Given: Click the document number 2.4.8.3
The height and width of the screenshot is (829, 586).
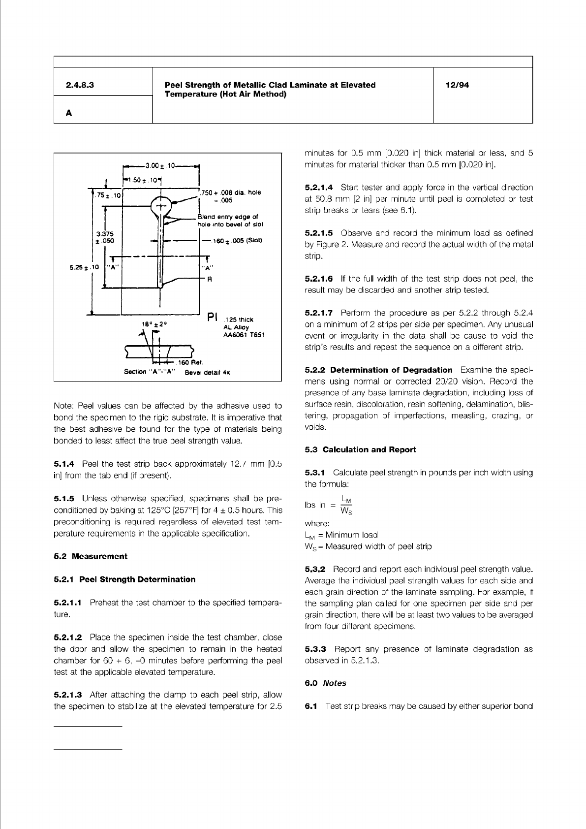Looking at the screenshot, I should (80, 85).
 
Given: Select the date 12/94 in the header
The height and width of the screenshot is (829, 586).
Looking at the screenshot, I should (457, 85).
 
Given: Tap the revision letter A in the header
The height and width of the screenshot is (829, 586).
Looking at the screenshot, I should (69, 113).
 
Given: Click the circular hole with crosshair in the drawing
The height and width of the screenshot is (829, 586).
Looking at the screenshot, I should (160, 205).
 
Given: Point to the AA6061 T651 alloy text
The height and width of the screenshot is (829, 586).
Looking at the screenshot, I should (244, 335).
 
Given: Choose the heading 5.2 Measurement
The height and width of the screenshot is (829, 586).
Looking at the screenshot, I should (91, 556).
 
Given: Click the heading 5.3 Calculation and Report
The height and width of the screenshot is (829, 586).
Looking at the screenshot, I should (360, 449).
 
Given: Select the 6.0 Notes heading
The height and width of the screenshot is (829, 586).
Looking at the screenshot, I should (325, 683).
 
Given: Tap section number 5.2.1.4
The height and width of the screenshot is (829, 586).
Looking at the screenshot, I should (319, 188).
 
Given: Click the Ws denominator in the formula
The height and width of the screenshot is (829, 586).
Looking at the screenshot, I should (346, 510).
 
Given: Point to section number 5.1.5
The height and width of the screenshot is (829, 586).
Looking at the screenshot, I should (64, 499).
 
